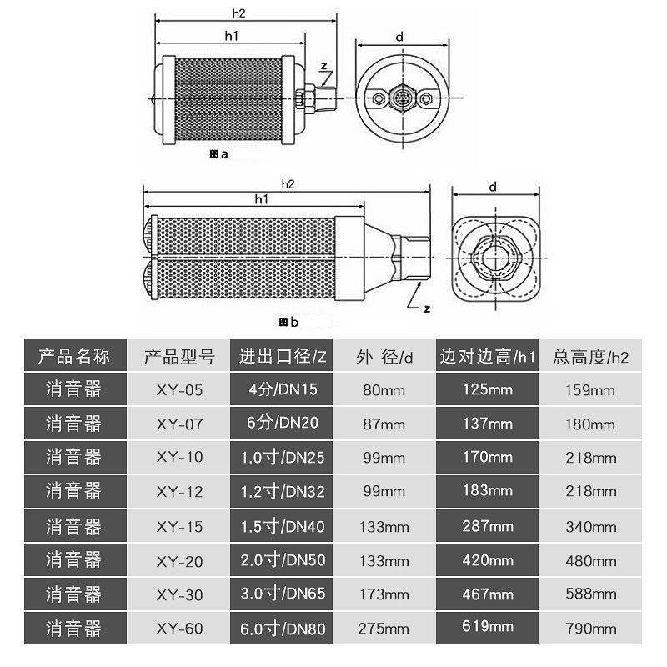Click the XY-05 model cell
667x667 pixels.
point(179,389)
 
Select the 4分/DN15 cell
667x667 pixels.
point(283,389)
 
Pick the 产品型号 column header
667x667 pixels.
point(179,357)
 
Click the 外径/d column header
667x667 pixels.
point(384,357)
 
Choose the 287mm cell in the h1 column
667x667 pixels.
point(489,526)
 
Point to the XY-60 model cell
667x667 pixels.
point(179,627)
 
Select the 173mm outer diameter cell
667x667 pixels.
point(384,594)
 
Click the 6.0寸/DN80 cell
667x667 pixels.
point(283,627)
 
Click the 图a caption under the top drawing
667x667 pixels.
point(219,155)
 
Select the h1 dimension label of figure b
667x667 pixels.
point(261,198)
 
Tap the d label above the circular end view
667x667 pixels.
point(400,38)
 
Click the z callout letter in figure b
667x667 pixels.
point(427,308)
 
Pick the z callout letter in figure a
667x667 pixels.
point(324,66)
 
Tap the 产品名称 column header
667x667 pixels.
point(74,357)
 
